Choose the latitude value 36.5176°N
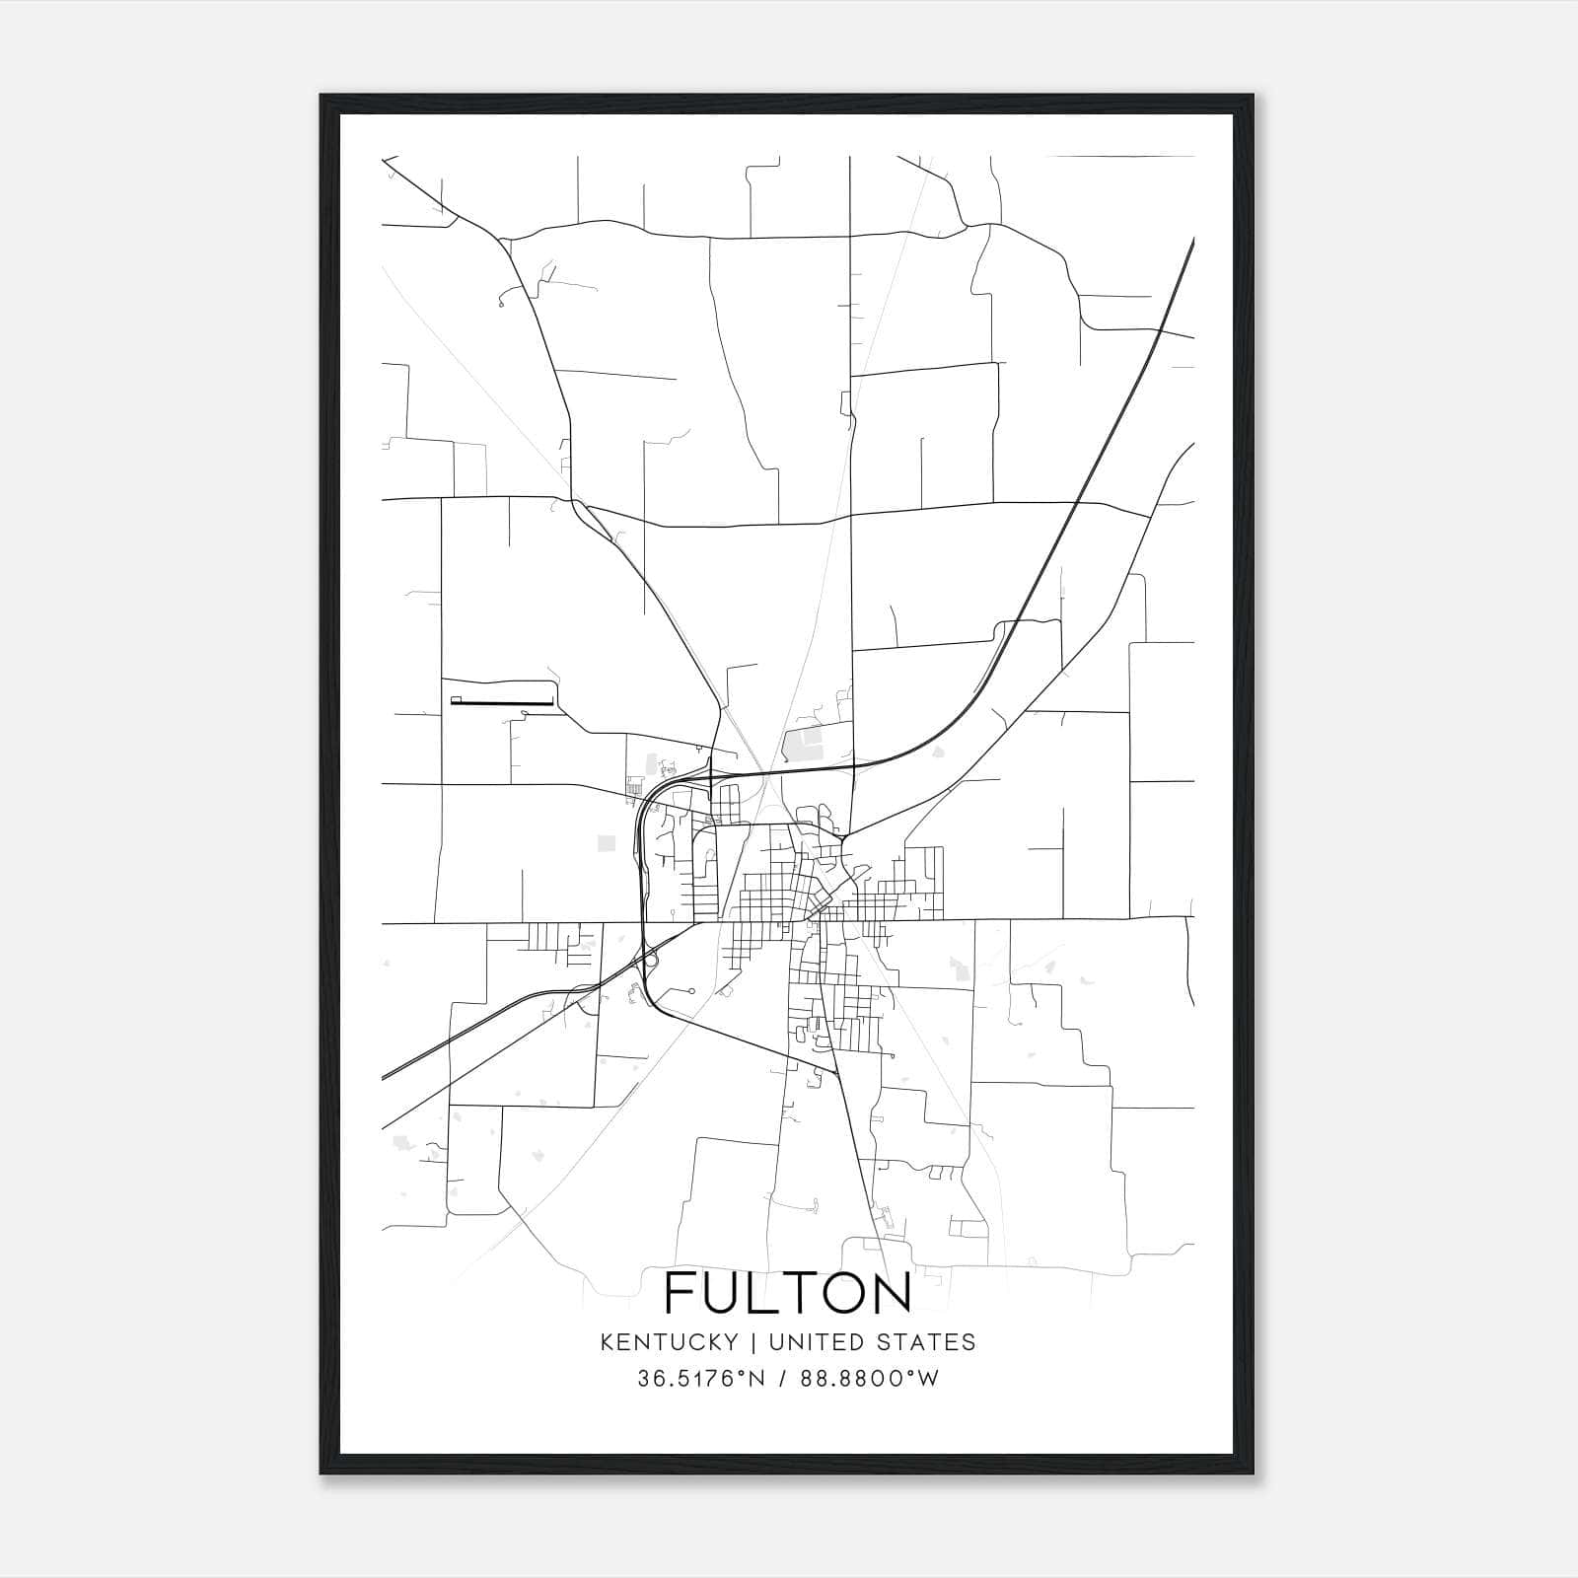[701, 1379]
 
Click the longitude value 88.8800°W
[871, 1379]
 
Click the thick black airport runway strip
[503, 702]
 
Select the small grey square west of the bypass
[607, 843]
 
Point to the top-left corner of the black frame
[322, 96]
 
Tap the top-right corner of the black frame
[1252, 96]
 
